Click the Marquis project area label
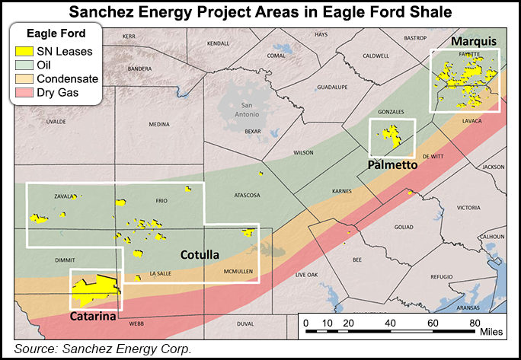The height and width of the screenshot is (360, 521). (x=473, y=40)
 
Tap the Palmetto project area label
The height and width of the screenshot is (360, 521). (x=392, y=162)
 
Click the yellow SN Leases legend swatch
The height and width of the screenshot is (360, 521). (x=24, y=52)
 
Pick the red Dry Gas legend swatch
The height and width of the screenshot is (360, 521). (x=24, y=93)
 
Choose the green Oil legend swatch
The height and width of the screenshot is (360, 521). (x=24, y=65)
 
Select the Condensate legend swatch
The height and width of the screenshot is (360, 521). (x=24, y=79)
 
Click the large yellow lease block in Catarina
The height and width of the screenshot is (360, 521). (x=93, y=291)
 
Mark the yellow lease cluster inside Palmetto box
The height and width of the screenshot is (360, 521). (x=392, y=136)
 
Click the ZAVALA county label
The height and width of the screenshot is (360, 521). (x=65, y=196)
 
